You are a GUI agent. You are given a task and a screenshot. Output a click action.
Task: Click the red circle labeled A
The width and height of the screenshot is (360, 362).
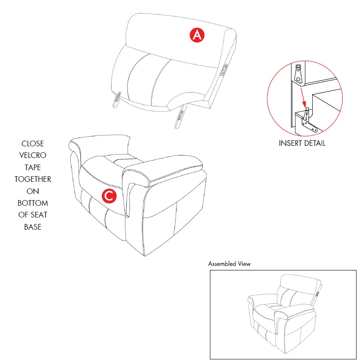click(x=196, y=35)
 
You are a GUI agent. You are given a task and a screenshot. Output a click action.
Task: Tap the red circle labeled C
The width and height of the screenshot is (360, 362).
click(x=109, y=196)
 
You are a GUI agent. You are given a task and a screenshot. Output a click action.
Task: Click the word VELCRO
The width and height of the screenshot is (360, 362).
click(x=33, y=155)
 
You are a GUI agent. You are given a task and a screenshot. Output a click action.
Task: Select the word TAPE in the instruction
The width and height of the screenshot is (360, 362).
click(x=33, y=167)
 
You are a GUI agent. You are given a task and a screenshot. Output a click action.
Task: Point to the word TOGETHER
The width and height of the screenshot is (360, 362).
click(x=33, y=179)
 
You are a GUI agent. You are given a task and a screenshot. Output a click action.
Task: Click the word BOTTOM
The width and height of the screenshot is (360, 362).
click(x=33, y=203)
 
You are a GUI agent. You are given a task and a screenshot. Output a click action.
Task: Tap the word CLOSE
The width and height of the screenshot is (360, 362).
click(x=33, y=144)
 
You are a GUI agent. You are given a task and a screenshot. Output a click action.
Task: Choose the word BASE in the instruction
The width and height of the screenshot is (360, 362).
click(x=33, y=227)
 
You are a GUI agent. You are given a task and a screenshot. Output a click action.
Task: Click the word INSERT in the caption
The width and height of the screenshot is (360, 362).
click(x=291, y=143)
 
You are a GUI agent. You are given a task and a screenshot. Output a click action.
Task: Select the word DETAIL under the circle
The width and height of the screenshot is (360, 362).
click(x=314, y=143)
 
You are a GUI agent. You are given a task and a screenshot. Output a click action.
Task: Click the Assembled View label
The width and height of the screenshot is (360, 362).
click(x=229, y=264)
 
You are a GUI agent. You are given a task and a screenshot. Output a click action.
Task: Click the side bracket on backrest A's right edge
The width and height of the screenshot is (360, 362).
click(x=226, y=69)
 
